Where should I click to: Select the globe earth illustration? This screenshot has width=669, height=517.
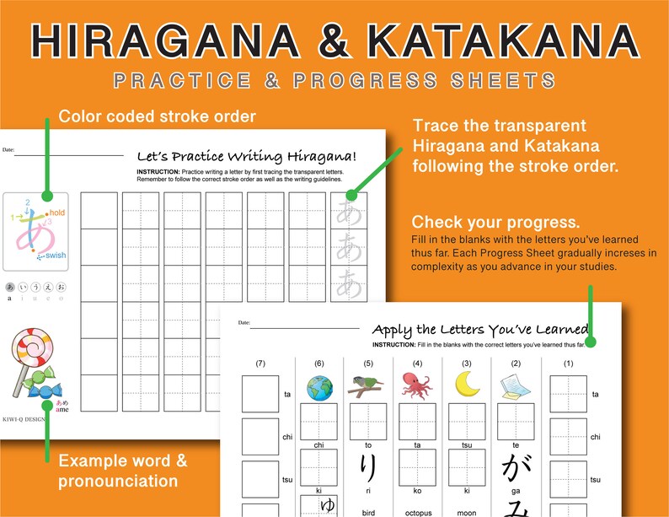pyautogui.click(x=319, y=385)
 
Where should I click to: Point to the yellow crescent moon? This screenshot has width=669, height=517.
pyautogui.click(x=466, y=385)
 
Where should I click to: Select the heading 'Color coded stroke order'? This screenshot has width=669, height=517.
pyautogui.click(x=157, y=116)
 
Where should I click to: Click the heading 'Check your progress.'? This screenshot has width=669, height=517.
pyautogui.click(x=495, y=223)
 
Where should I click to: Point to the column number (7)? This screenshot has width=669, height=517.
pyautogui.click(x=260, y=364)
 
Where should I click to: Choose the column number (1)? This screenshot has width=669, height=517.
pyautogui.click(x=568, y=364)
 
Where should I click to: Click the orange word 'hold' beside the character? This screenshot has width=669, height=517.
pyautogui.click(x=56, y=213)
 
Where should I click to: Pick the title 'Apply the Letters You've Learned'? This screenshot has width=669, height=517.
pyautogui.click(x=480, y=329)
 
